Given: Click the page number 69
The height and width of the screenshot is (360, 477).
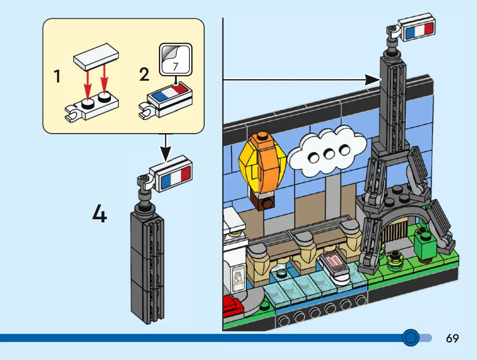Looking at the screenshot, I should (x=452, y=338).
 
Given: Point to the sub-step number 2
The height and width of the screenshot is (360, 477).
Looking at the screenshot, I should (x=144, y=74).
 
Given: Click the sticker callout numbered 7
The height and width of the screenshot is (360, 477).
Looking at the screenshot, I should (x=175, y=60).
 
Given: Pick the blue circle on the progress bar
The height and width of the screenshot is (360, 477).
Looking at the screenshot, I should (x=411, y=337).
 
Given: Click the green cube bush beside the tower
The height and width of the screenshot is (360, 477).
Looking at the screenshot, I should (x=425, y=247).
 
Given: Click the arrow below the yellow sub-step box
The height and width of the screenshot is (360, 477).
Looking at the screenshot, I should (x=166, y=147).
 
